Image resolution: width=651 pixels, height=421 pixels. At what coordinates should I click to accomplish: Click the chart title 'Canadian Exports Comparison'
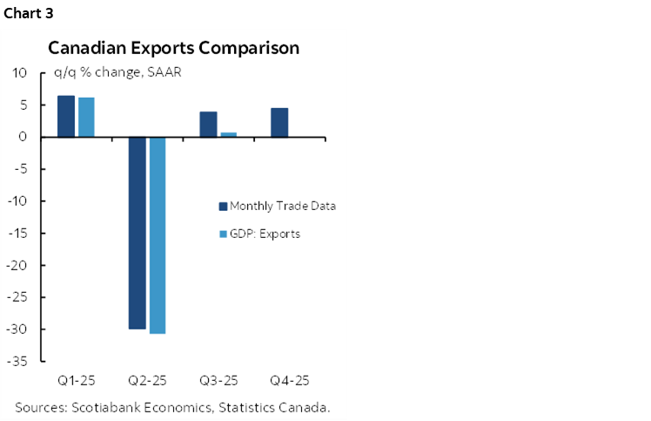pos(173,48)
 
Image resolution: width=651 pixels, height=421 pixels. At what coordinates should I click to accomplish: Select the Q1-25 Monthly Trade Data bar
pos(66,116)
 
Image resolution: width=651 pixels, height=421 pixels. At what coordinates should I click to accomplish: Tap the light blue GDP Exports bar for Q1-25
pos(86,117)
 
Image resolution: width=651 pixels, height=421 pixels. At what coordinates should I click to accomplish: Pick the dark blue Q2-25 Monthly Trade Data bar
pos(137,233)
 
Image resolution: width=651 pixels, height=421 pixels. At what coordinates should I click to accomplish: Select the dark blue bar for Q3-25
pos(208,125)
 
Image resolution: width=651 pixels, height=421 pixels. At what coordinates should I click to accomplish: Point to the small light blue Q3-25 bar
pos(229,134)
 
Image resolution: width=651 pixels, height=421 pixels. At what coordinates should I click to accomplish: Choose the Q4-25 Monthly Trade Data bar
pos(279,123)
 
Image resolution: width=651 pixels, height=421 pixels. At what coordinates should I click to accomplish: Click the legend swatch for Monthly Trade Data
pos(222,207)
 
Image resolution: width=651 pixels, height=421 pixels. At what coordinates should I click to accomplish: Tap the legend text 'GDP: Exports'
pos(265,234)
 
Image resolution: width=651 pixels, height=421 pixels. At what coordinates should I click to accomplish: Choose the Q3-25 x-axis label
pos(218,381)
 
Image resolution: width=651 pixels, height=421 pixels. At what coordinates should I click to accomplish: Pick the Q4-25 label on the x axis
pos(289,381)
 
